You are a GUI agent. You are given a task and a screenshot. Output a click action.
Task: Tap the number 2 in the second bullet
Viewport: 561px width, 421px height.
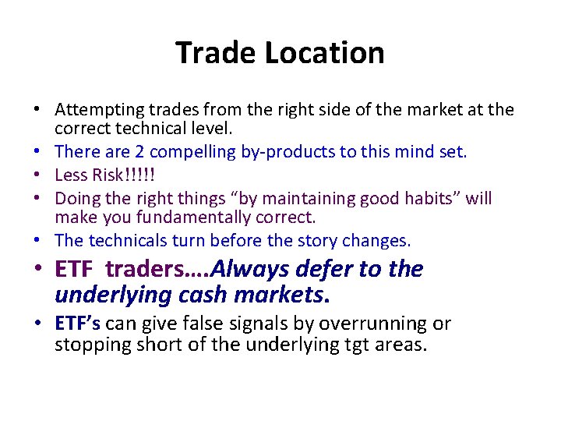click(x=144, y=152)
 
